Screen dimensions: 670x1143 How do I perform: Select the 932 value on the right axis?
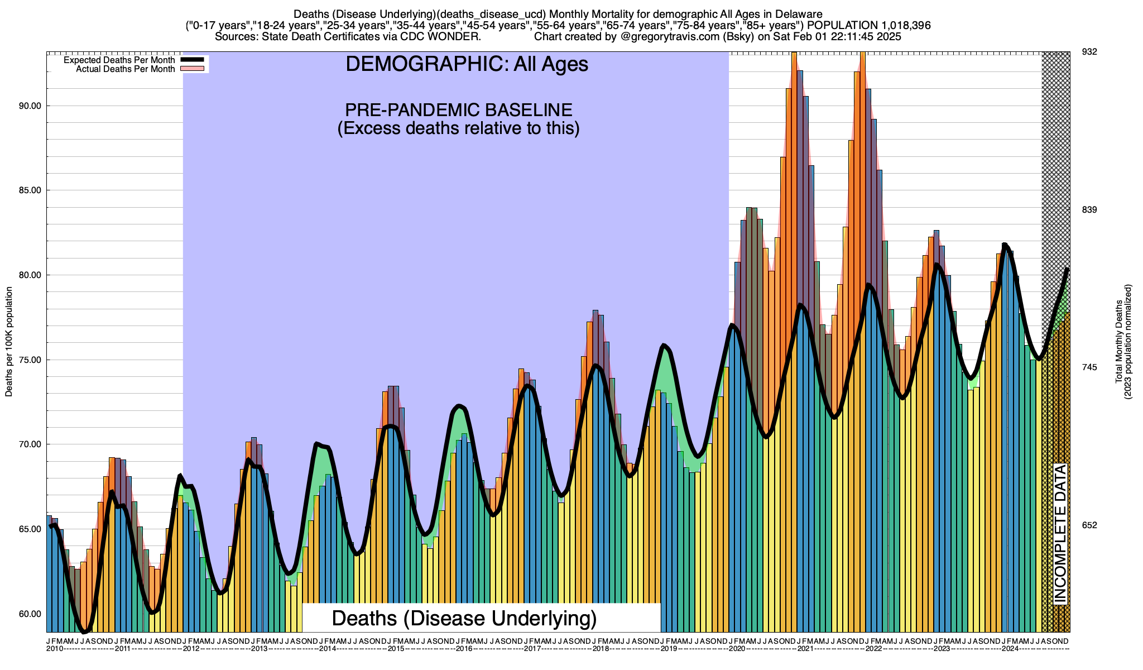(x=1089, y=52)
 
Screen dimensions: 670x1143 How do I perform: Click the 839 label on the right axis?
(x=1089, y=209)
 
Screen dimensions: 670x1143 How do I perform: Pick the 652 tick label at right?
(x=1089, y=525)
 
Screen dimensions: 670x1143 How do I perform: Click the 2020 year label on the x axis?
(x=737, y=649)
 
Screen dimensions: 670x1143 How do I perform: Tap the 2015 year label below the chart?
(x=396, y=649)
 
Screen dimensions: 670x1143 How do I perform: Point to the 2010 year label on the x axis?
(x=55, y=649)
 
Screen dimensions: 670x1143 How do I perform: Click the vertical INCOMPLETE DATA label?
(x=1060, y=533)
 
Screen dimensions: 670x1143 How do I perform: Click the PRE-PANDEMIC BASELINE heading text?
(x=458, y=109)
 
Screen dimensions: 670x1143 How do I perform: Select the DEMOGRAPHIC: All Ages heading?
(x=467, y=64)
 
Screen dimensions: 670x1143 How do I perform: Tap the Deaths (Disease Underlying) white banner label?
(x=464, y=619)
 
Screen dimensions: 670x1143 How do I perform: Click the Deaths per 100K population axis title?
(x=9, y=342)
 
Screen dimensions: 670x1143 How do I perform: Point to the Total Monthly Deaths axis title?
(x=1118, y=342)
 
